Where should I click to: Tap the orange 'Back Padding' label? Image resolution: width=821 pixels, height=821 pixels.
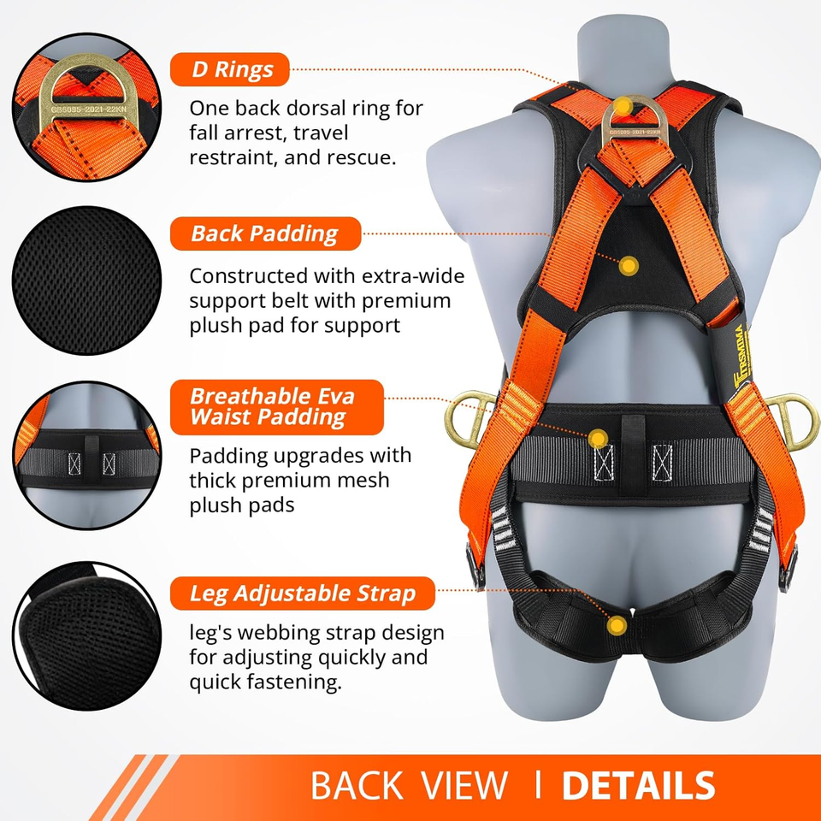coord(264,233)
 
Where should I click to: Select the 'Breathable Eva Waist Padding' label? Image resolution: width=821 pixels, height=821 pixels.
coord(273,406)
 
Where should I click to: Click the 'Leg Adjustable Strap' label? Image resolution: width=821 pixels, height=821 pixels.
coord(303,592)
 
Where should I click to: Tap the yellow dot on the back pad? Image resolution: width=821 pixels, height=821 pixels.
coord(629,266)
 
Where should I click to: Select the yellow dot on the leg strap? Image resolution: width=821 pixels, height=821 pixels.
coord(615,626)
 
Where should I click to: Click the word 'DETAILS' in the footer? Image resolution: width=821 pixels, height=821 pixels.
coord(637,785)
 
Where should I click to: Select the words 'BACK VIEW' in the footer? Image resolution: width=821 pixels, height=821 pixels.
coord(409,785)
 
